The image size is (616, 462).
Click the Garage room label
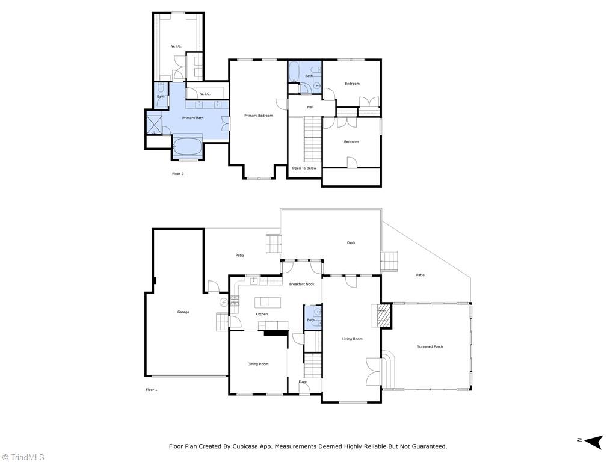tap(183, 312)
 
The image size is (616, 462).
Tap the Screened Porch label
tap(430, 347)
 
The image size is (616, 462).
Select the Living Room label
tap(352, 339)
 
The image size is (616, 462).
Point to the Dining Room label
tap(258, 364)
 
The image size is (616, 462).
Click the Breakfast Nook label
tap(301, 284)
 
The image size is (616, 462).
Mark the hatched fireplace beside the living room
tap(383, 315)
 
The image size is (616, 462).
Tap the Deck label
tap(351, 243)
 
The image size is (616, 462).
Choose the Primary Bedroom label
tap(258, 115)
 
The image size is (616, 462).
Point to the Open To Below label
tap(304, 168)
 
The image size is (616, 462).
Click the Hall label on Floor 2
tap(310, 107)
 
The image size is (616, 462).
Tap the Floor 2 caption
tap(177, 173)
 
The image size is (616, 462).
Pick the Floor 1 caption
tap(151, 390)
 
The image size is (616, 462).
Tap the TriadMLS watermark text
tap(26, 457)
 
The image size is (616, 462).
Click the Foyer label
tap(303, 382)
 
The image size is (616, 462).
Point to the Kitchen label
tap(261, 315)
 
